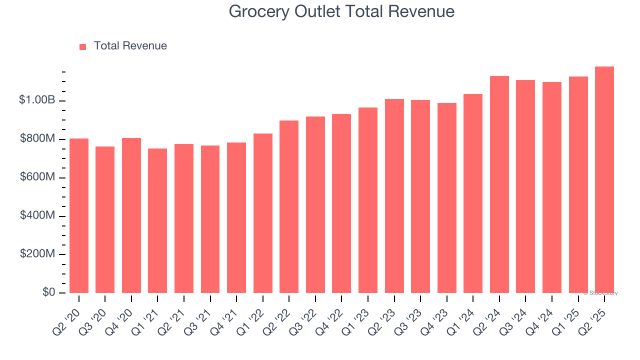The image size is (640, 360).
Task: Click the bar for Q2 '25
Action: pos(604,180)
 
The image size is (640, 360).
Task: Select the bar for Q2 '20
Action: pos(79,216)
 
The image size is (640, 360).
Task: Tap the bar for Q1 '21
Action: pos(157,221)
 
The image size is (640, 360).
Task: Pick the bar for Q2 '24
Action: pos(499,184)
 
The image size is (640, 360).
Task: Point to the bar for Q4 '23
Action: pos(446,198)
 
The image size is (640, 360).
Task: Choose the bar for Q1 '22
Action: pos(262,213)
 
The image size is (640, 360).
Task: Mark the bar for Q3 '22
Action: pos(315,205)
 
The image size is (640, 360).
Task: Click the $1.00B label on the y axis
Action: pos(37,100)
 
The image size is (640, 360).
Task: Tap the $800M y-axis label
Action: pos(37,138)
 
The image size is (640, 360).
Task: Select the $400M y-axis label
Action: pos(37,215)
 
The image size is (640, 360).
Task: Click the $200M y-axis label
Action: pos(37,254)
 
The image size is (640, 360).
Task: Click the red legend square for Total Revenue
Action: pos(83,47)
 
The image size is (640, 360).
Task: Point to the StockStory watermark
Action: pos(600,293)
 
